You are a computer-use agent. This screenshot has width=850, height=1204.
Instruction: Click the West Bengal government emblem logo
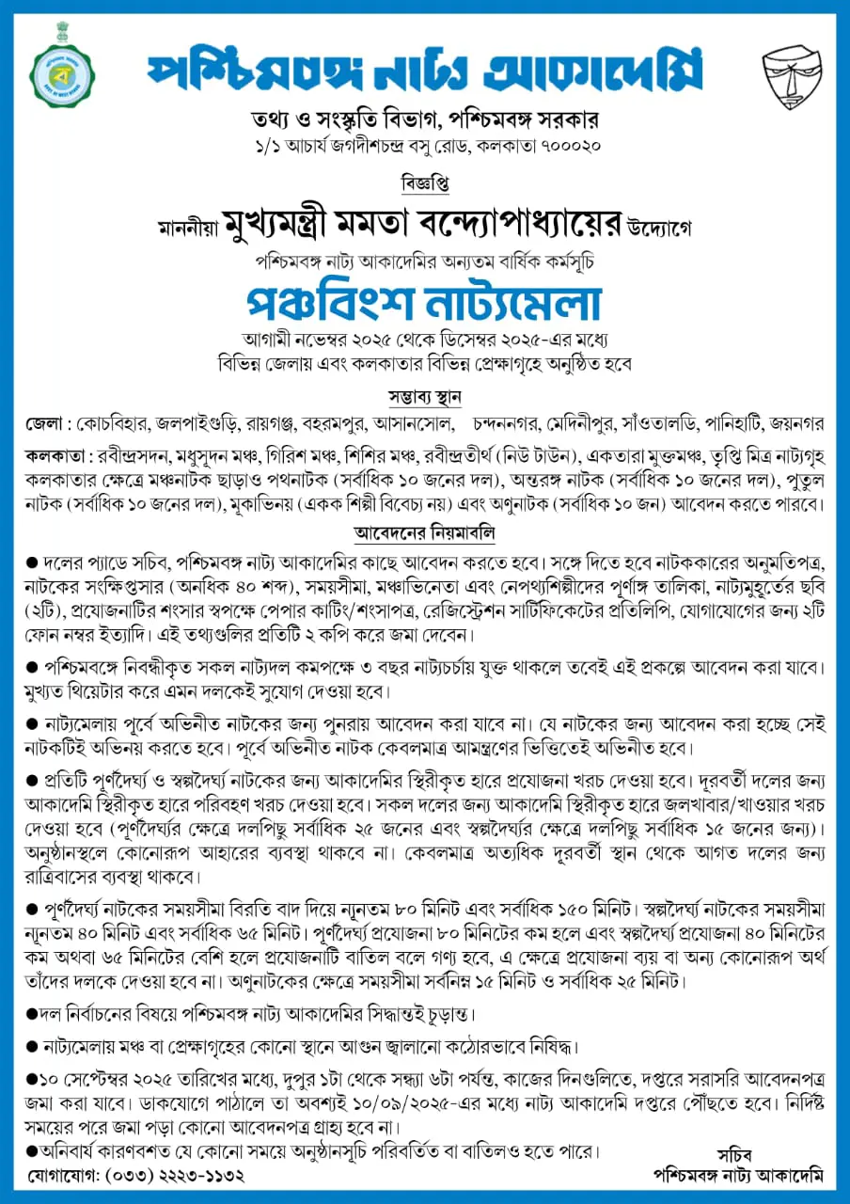click(63, 76)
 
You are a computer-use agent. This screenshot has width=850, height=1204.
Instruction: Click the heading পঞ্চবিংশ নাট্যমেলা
click(424, 301)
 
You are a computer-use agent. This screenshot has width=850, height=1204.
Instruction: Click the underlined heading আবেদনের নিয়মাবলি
click(425, 533)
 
